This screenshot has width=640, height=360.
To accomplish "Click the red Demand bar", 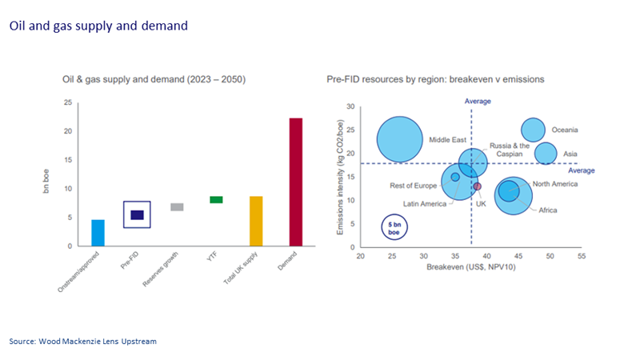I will (295, 182).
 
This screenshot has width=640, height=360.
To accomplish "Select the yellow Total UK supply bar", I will (256, 222).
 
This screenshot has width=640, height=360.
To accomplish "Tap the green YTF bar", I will (216, 199).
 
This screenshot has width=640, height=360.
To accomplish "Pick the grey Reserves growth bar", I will (177, 206).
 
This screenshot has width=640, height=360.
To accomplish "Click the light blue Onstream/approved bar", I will (98, 233).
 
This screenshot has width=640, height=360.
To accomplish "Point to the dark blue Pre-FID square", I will (137, 214).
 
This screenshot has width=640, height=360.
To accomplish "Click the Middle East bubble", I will (399, 138).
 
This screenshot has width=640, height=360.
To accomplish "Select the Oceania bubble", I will (534, 130).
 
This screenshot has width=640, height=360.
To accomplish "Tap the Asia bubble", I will (546, 153).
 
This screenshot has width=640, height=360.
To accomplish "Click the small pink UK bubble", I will (478, 186).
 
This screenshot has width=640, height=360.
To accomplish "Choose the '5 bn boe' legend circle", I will (394, 227).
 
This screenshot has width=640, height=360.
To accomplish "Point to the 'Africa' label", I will (547, 210).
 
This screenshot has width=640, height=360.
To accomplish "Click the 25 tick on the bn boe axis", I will (68, 102).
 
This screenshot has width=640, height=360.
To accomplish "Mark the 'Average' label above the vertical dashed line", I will (478, 102).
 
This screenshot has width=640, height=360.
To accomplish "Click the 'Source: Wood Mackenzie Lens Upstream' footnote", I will (83, 342).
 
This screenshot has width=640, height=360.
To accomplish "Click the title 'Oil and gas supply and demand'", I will (98, 26).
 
